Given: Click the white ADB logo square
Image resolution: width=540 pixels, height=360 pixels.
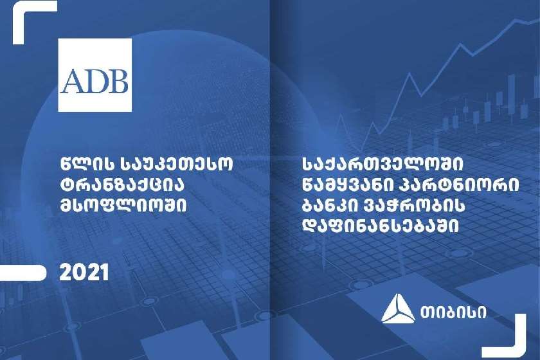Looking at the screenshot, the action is [95, 75].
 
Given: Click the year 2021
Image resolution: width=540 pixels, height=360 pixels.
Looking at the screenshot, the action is [84, 273].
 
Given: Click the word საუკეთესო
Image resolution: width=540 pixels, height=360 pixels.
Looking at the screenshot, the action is [177, 164].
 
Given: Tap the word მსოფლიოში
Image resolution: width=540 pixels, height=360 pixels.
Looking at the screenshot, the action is [123, 206].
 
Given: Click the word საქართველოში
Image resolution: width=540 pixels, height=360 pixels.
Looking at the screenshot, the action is [382, 165].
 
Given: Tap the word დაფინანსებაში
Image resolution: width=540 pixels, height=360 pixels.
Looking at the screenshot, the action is [381, 226].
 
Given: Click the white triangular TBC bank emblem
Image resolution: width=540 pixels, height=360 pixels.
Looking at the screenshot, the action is [398, 309].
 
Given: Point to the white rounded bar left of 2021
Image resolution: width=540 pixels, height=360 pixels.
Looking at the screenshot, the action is [22, 273].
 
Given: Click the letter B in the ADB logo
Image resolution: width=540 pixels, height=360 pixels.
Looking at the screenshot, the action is [118, 81].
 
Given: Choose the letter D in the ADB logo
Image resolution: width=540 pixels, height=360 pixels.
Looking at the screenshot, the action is [95, 81].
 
